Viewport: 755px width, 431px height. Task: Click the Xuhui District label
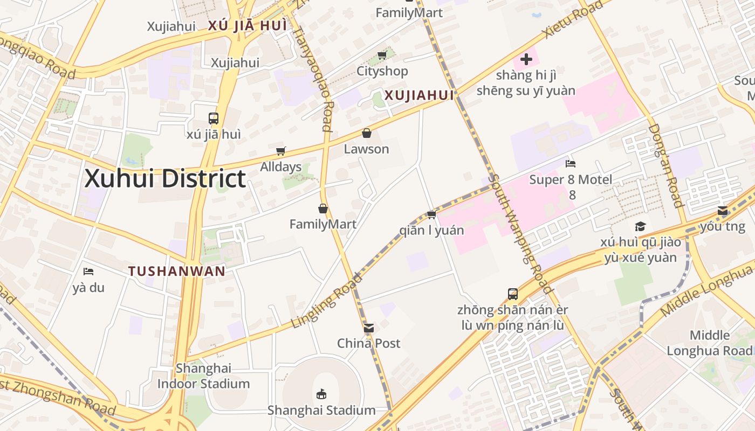click(x=165, y=179)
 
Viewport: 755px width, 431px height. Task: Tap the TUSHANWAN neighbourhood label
click(x=177, y=271)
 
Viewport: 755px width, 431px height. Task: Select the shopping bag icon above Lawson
click(x=367, y=133)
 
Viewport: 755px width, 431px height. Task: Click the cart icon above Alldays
click(x=280, y=151)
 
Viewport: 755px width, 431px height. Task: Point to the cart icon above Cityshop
click(x=382, y=55)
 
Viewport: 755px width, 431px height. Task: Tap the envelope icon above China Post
click(x=369, y=328)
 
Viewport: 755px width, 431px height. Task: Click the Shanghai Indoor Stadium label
click(x=203, y=376)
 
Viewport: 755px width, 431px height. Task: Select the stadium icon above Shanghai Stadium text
click(x=321, y=394)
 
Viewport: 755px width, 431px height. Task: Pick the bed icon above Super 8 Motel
click(x=571, y=163)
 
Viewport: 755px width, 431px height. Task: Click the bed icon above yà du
click(x=88, y=272)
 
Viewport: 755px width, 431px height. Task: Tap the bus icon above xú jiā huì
click(x=214, y=118)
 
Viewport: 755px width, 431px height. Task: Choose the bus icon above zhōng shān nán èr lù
click(x=513, y=294)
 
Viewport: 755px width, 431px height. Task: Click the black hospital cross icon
click(x=526, y=59)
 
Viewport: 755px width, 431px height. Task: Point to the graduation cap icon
click(x=640, y=226)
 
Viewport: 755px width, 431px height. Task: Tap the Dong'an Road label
click(x=665, y=165)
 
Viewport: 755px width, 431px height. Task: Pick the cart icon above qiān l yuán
click(x=431, y=214)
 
